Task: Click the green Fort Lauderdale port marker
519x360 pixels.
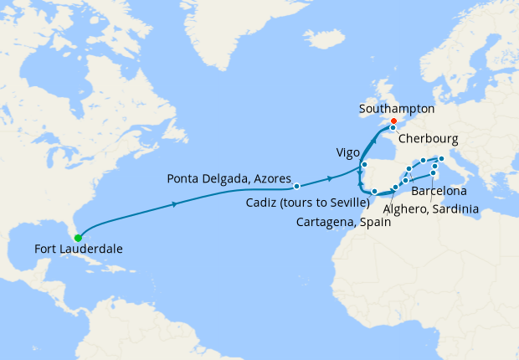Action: point(78,238)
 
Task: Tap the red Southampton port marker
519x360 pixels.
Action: point(393,121)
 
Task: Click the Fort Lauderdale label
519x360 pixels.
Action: point(80,249)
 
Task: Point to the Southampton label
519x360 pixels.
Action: point(397,109)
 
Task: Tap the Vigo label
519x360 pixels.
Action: point(347,153)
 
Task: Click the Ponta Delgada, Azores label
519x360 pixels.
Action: point(229,178)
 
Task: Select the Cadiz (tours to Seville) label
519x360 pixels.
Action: point(308,203)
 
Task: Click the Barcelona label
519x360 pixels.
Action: point(439,192)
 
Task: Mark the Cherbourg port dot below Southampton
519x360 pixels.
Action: point(393,128)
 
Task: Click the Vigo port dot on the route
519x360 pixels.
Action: point(364,165)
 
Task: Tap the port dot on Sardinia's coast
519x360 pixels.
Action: point(433,173)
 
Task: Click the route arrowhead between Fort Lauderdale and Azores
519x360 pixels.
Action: point(174,204)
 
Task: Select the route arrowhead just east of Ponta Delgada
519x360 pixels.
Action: point(331,178)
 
